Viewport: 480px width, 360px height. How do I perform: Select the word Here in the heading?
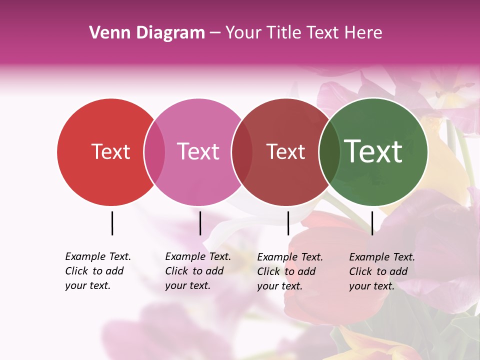(x=363, y=33)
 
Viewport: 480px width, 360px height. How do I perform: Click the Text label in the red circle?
(x=110, y=151)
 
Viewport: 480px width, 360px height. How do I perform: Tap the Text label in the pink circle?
(x=198, y=151)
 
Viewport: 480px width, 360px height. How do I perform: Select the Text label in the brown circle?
(x=285, y=151)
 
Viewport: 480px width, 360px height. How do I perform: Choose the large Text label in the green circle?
(x=373, y=151)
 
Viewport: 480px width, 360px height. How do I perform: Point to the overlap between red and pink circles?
(x=154, y=152)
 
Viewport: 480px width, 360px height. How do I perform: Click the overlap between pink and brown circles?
(x=242, y=152)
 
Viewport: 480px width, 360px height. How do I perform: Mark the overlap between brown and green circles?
(x=329, y=152)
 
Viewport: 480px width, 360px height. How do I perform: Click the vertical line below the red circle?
(x=112, y=223)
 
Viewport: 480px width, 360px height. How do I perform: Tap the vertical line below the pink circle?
(x=200, y=223)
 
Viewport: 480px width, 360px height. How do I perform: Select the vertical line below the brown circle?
(x=288, y=223)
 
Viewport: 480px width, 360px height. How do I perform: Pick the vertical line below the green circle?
(x=372, y=223)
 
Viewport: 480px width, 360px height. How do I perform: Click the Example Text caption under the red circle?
(x=97, y=271)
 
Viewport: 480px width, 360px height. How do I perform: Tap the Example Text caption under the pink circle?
(x=197, y=271)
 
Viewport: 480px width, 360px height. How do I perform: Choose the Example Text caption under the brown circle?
(x=289, y=271)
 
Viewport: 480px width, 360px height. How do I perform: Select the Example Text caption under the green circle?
(x=381, y=271)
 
